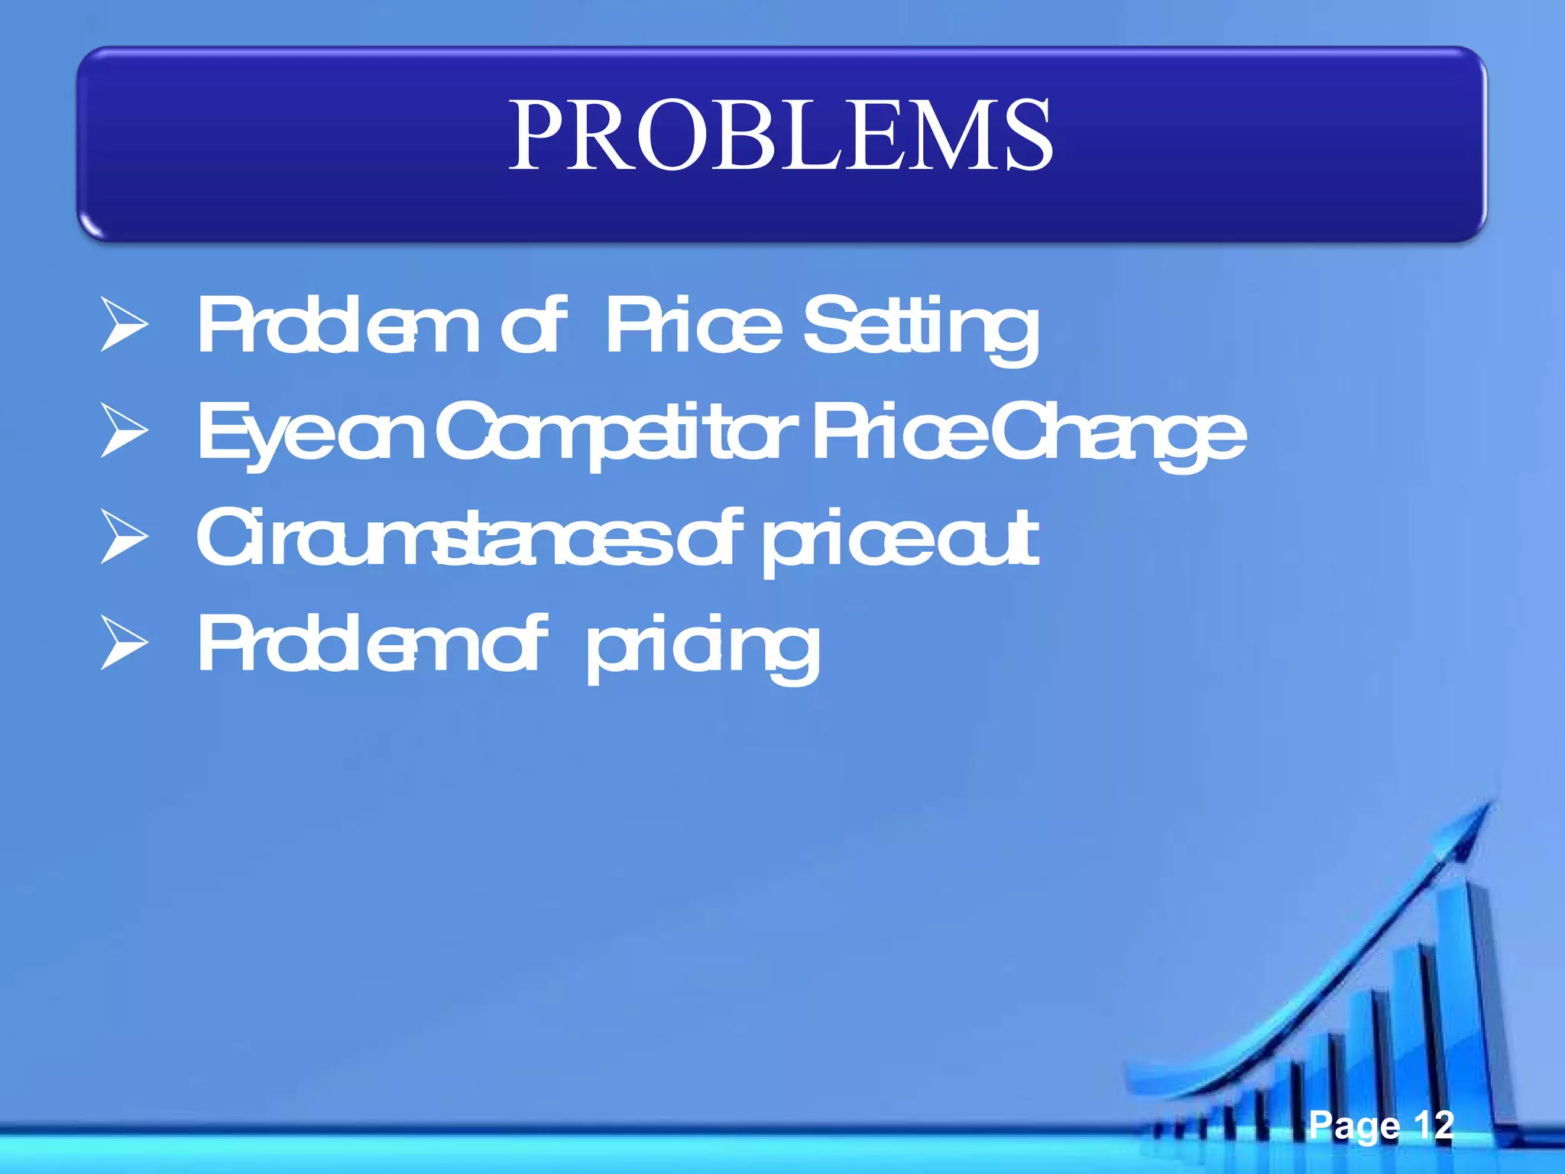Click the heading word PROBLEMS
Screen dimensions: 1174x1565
(x=781, y=136)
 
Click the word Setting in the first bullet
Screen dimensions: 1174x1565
(x=921, y=327)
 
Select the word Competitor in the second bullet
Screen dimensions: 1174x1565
(x=619, y=433)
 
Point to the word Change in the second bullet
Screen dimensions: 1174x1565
(x=1119, y=433)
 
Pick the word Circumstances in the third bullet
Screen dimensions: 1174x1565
(x=432, y=538)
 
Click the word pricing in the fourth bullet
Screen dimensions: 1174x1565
(x=703, y=647)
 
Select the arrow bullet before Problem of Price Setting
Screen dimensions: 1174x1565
(x=124, y=326)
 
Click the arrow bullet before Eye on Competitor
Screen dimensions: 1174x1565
(x=124, y=432)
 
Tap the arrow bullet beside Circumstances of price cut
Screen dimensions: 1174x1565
(x=124, y=538)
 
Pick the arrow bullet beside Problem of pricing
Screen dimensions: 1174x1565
(x=124, y=644)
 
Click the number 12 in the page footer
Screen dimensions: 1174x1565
(x=1433, y=1124)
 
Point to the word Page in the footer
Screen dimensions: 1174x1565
(x=1353, y=1126)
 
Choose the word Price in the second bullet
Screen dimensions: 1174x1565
(x=898, y=433)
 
